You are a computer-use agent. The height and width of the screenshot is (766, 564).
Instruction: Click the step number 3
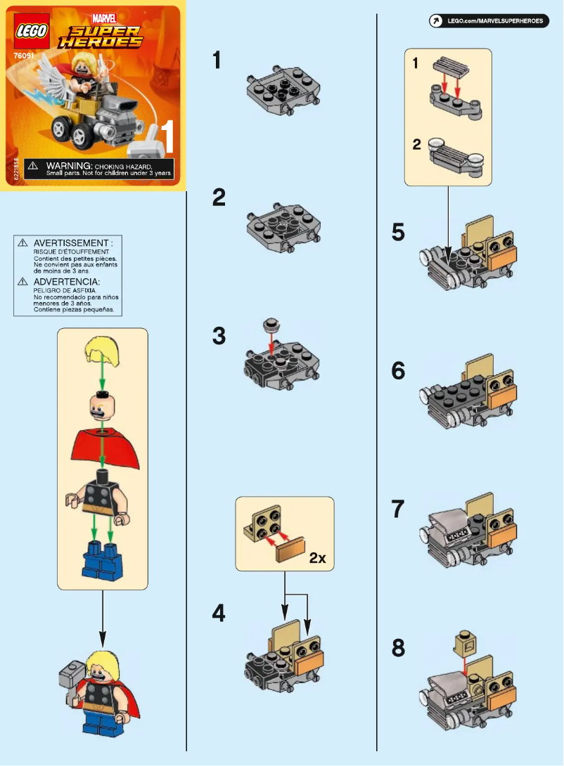coord(219,336)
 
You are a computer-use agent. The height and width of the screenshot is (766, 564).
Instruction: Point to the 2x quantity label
coord(318,559)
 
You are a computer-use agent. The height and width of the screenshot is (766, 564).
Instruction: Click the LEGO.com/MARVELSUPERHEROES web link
coord(496,22)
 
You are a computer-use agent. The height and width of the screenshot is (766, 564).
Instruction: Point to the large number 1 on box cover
coord(167,138)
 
